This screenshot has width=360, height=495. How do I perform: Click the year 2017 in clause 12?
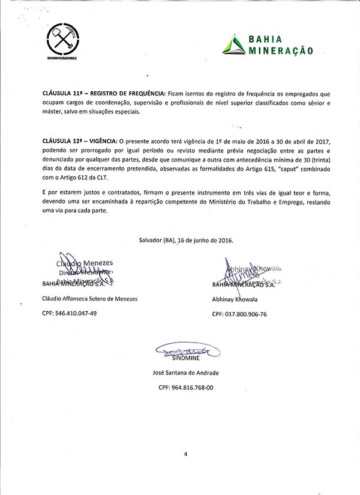pyautogui.click(x=320, y=140)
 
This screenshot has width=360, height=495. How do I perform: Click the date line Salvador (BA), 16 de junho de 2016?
pyautogui.click(x=186, y=240)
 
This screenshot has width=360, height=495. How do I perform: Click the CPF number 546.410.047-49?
pyautogui.click(x=69, y=313)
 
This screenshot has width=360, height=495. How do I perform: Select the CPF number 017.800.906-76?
pyautogui.click(x=239, y=314)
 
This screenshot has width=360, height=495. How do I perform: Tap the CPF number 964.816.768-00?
pyautogui.click(x=186, y=388)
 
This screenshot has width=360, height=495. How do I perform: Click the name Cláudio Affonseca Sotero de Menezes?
pyautogui.click(x=89, y=298)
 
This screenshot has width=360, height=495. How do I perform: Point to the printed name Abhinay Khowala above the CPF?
pyautogui.click(x=235, y=299)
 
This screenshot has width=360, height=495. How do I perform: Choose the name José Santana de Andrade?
pyautogui.click(x=186, y=373)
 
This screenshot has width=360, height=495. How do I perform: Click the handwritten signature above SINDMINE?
pyautogui.click(x=185, y=349)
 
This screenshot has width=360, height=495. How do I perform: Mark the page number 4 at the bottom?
pyautogui.click(x=186, y=454)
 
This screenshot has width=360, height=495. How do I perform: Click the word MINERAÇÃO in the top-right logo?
pyautogui.click(x=281, y=50)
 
